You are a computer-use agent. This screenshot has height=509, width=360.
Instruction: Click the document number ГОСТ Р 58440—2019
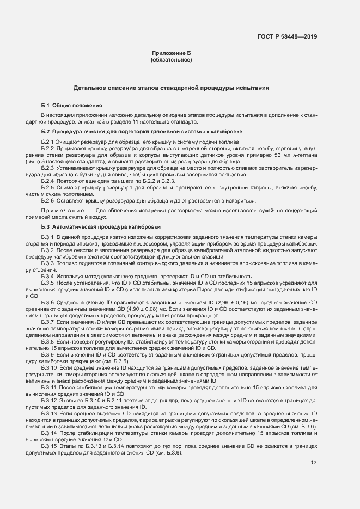pyautogui.click(x=287, y=37)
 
